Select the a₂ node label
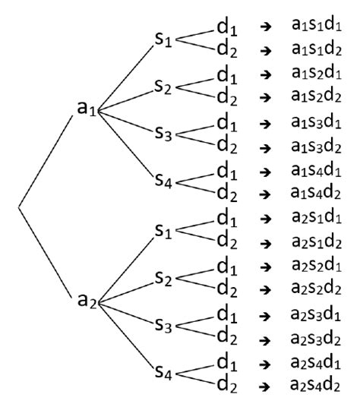tap(87, 300)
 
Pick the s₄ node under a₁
tap(164, 181)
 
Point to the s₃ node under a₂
tap(164, 325)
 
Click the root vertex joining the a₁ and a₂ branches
tap(18, 205)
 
